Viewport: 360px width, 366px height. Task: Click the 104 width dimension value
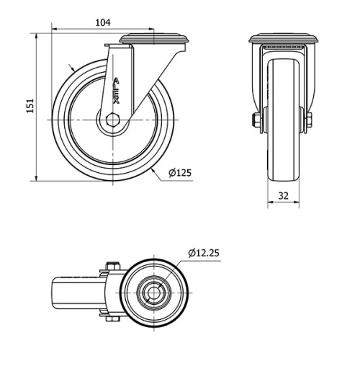tap(103, 22)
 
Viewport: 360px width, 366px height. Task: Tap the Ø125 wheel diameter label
tap(180, 174)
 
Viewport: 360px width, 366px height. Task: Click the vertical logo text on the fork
tap(117, 90)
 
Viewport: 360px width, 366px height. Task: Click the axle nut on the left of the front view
tap(256, 120)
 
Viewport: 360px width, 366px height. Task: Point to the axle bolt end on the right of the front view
tap(309, 120)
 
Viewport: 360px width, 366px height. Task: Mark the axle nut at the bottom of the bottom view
tap(112, 318)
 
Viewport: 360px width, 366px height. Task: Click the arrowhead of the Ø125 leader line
tap(155, 168)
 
